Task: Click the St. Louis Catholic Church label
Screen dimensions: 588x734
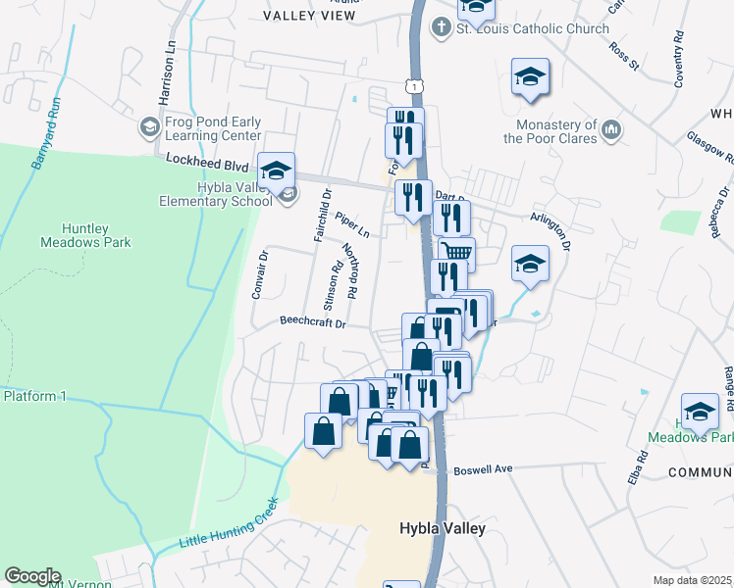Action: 533,28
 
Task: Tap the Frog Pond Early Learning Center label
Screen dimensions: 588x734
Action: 213,129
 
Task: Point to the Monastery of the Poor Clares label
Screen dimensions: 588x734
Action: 550,131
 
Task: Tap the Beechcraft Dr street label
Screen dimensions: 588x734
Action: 313,321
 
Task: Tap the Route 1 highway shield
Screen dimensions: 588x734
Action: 417,87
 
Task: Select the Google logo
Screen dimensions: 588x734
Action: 32,576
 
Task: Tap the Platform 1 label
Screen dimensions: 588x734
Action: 34,396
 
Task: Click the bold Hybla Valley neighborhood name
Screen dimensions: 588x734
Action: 443,528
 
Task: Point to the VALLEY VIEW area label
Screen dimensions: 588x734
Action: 310,16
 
